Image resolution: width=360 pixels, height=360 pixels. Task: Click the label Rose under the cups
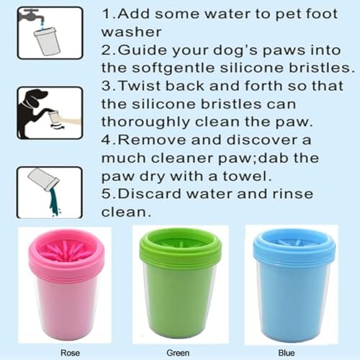(x=70, y=353)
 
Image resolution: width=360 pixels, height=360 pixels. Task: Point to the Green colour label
(x=178, y=353)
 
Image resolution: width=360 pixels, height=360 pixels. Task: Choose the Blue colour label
(x=287, y=353)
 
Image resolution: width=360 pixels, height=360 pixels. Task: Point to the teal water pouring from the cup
(x=55, y=200)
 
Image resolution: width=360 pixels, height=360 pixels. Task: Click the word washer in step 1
(x=131, y=32)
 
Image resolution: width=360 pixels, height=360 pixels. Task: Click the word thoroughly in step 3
(x=145, y=122)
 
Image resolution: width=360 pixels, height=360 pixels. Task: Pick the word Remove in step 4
(x=152, y=140)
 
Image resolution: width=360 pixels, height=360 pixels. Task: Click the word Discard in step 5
(x=149, y=194)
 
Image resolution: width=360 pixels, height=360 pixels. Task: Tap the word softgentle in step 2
(x=174, y=68)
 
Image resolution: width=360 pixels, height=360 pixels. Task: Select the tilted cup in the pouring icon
(x=43, y=179)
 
